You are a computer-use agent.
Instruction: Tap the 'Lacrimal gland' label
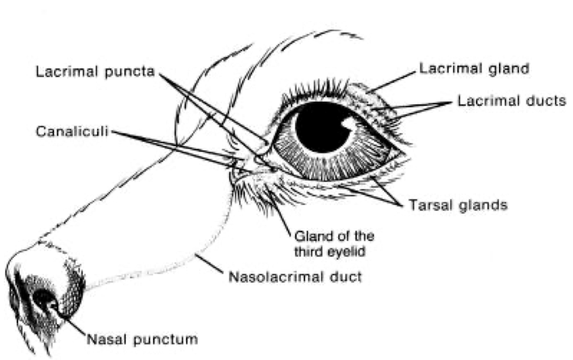point(474,68)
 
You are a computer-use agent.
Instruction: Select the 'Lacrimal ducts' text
point(511,100)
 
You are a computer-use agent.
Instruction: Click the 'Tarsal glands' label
point(458,205)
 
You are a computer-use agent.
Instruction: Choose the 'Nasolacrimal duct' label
point(295,277)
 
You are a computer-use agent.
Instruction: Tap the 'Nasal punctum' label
point(141,339)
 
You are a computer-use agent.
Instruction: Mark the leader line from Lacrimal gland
point(392,82)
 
